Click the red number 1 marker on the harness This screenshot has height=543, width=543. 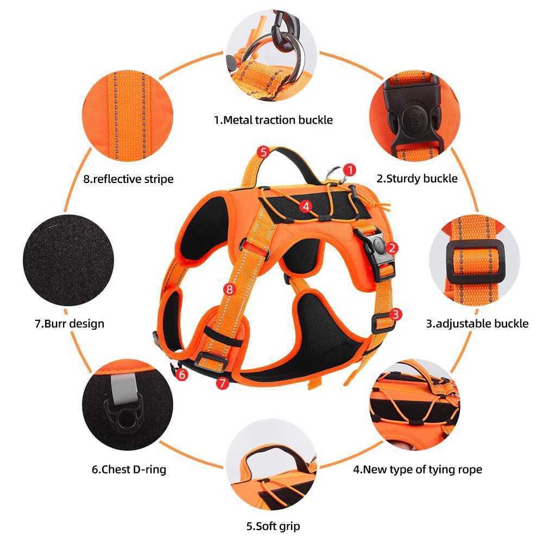pyautogui.click(x=350, y=170)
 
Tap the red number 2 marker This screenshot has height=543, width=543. pyautogui.click(x=393, y=248)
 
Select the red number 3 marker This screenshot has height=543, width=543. pyautogui.click(x=396, y=314)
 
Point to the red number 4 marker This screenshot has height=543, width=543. pyautogui.click(x=306, y=206)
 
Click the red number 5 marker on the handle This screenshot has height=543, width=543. pyautogui.click(x=263, y=152)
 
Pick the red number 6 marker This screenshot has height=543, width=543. pyautogui.click(x=182, y=374)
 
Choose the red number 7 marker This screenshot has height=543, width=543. pyautogui.click(x=221, y=383)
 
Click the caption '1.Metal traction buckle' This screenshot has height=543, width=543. pyautogui.click(x=273, y=119)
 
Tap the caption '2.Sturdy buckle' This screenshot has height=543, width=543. pyautogui.click(x=417, y=178)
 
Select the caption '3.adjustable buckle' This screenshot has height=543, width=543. pyautogui.click(x=477, y=324)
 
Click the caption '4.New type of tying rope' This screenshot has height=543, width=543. pyautogui.click(x=418, y=469)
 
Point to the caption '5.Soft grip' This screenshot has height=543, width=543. pyautogui.click(x=273, y=526)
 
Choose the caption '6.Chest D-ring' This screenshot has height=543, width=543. pyautogui.click(x=129, y=469)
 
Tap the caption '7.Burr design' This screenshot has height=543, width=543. pyautogui.click(x=69, y=324)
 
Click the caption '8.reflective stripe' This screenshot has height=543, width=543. pyautogui.click(x=129, y=178)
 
